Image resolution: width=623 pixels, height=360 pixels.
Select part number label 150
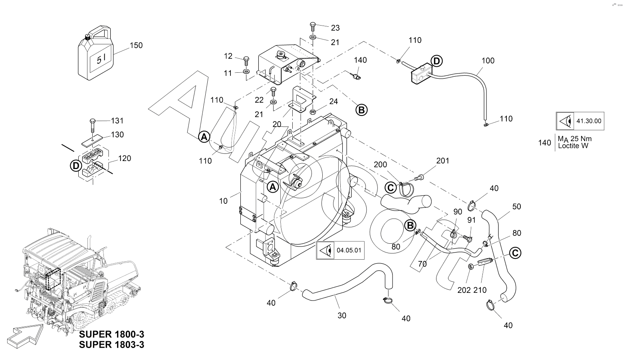click(x=136, y=45)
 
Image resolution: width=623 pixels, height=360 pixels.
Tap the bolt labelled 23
click(x=313, y=27)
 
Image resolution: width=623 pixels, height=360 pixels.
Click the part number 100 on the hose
click(x=488, y=61)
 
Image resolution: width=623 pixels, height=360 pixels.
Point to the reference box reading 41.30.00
click(x=580, y=121)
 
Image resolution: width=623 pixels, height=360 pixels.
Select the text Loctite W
click(x=573, y=146)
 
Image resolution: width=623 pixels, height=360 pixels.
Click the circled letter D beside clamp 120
click(x=75, y=165)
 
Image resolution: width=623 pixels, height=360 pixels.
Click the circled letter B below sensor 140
click(x=361, y=110)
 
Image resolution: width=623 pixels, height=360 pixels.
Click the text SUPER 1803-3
click(x=111, y=345)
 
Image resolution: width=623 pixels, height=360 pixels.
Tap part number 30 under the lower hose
click(x=342, y=316)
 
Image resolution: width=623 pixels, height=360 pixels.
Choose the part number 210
click(x=480, y=290)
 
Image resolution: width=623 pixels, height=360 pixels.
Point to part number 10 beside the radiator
click(x=223, y=201)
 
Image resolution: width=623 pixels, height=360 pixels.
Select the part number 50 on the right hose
click(x=517, y=207)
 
